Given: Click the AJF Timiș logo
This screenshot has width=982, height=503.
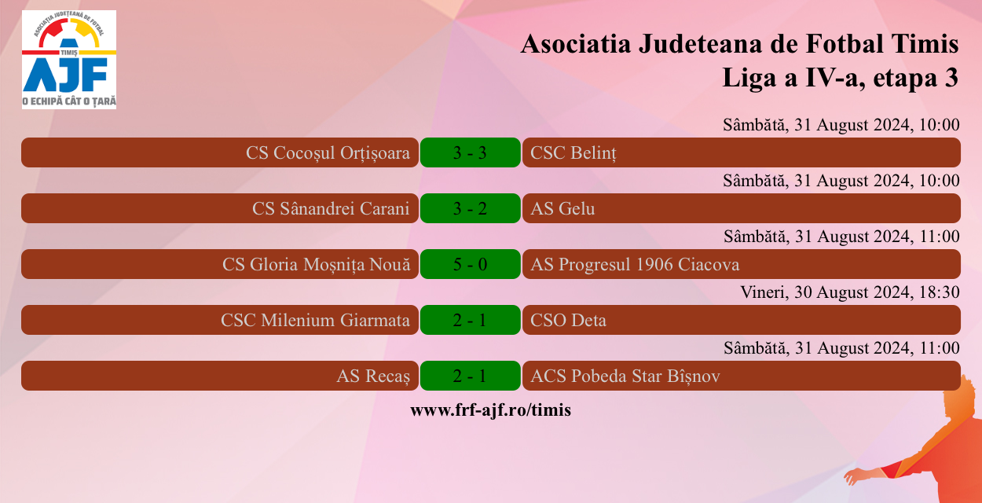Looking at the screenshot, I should point(69,60).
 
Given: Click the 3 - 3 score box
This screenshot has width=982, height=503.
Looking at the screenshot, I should point(470,152).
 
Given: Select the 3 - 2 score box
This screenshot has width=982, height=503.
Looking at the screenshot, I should point(470,208).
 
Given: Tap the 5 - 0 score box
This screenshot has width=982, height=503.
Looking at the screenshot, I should point(470,264).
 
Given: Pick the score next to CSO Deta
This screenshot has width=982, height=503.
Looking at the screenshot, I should point(470,320).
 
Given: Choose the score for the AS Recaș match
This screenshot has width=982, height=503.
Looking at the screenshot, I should point(470,376).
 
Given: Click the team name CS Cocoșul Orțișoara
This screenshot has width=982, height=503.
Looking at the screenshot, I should point(328,152).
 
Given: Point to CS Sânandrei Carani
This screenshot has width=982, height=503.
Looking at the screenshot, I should point(331,208).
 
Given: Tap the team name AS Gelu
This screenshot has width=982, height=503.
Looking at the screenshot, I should point(562,208).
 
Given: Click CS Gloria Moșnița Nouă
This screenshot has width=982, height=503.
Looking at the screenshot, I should point(316,264).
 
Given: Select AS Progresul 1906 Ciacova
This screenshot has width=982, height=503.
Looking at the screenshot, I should point(635,264).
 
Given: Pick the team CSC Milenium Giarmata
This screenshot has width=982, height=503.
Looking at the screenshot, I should point(315,320).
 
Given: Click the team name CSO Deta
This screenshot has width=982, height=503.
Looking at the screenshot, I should point(568,320).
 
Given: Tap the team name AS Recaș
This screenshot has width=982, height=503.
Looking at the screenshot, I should point(373,376).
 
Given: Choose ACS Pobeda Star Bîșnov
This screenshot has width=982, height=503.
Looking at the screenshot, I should point(625,376).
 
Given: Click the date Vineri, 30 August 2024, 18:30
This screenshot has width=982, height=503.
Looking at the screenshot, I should point(850,292).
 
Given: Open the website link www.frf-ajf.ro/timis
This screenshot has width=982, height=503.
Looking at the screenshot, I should point(490,409).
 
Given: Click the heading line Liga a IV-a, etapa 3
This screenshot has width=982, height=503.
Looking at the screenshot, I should point(840,78).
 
